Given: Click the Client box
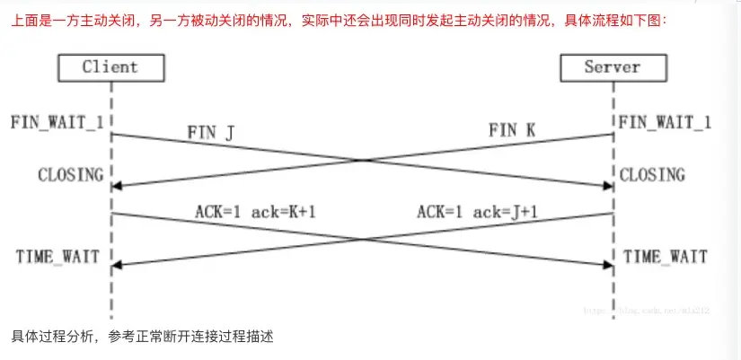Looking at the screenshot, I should (110, 66).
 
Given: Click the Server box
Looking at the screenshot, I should (612, 66).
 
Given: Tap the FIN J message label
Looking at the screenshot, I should (210, 133).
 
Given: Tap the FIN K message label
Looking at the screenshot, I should (513, 129).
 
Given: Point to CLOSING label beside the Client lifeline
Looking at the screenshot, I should (70, 174).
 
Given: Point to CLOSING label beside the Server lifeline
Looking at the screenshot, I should (651, 174).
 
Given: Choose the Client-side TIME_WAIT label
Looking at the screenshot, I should (57, 257).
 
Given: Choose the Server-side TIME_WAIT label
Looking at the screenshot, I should (665, 257).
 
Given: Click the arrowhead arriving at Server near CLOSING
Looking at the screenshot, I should (607, 186).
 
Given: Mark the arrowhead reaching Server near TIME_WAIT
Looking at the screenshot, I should (607, 265).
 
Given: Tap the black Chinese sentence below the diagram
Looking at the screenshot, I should (142, 338).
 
